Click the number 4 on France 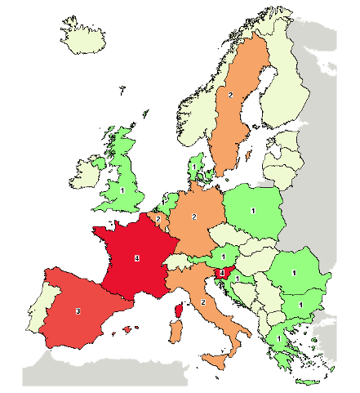(x=136, y=259)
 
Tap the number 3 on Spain (x=78, y=311)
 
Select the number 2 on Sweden (x=230, y=96)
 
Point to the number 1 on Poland (x=253, y=212)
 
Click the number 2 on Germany (x=194, y=217)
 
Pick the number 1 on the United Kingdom (x=122, y=190)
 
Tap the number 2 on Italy (x=202, y=302)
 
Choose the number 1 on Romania (x=294, y=273)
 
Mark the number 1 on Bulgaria (x=300, y=305)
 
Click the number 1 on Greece (x=279, y=337)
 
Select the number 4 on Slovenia (x=221, y=273)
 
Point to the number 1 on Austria (x=223, y=257)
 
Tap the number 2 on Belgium (x=158, y=220)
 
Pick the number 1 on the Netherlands (x=162, y=201)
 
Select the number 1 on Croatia (x=236, y=279)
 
